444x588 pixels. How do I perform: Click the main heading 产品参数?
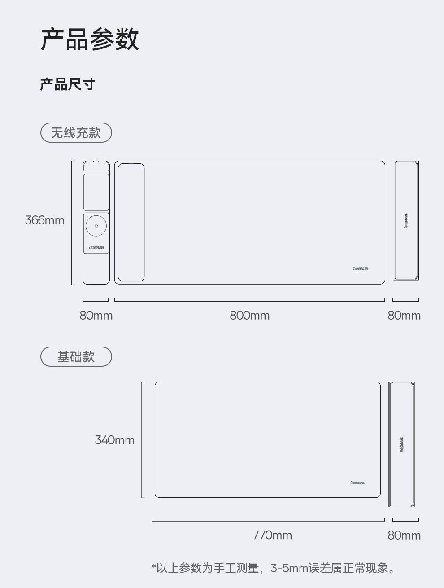tap(90, 39)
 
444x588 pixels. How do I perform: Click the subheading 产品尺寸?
tap(67, 84)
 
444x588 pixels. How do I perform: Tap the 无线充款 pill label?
tap(76, 133)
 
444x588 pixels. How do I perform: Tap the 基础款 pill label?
tap(76, 357)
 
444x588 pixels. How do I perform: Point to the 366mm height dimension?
tap(44, 220)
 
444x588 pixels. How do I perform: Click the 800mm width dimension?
tap(249, 316)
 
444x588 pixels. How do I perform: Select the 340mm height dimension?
tap(114, 440)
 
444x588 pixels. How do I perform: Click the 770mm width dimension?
tap(272, 535)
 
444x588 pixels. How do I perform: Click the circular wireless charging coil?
tap(96, 225)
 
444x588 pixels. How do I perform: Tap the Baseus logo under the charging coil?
tap(96, 247)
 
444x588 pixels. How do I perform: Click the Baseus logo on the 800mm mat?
tap(360, 268)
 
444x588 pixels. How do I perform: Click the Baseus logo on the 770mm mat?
tap(357, 483)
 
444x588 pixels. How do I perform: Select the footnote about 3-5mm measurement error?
tap(274, 568)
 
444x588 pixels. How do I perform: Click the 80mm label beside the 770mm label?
tap(404, 535)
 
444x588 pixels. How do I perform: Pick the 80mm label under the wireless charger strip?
tap(96, 316)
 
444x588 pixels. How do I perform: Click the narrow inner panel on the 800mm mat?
tap(131, 222)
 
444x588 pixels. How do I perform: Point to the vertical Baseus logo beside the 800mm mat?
tap(406, 220)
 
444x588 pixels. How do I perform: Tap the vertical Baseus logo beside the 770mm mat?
tap(402, 444)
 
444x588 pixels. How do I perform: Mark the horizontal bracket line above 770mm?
tap(268, 521)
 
